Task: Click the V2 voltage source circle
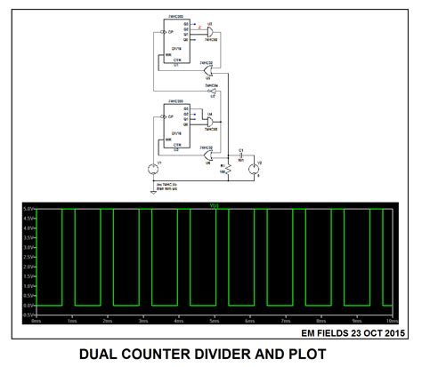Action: click(x=252, y=168)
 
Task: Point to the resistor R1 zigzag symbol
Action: click(x=228, y=167)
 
